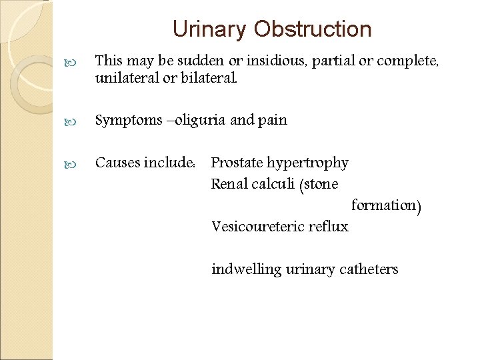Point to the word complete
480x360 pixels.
coord(407,61)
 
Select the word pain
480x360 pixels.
coord(273,120)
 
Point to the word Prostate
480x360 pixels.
coord(237,163)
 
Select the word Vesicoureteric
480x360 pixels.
coord(258,227)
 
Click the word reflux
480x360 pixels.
coord(328,227)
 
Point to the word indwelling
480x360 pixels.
coord(246,269)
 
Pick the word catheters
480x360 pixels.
coord(369,269)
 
